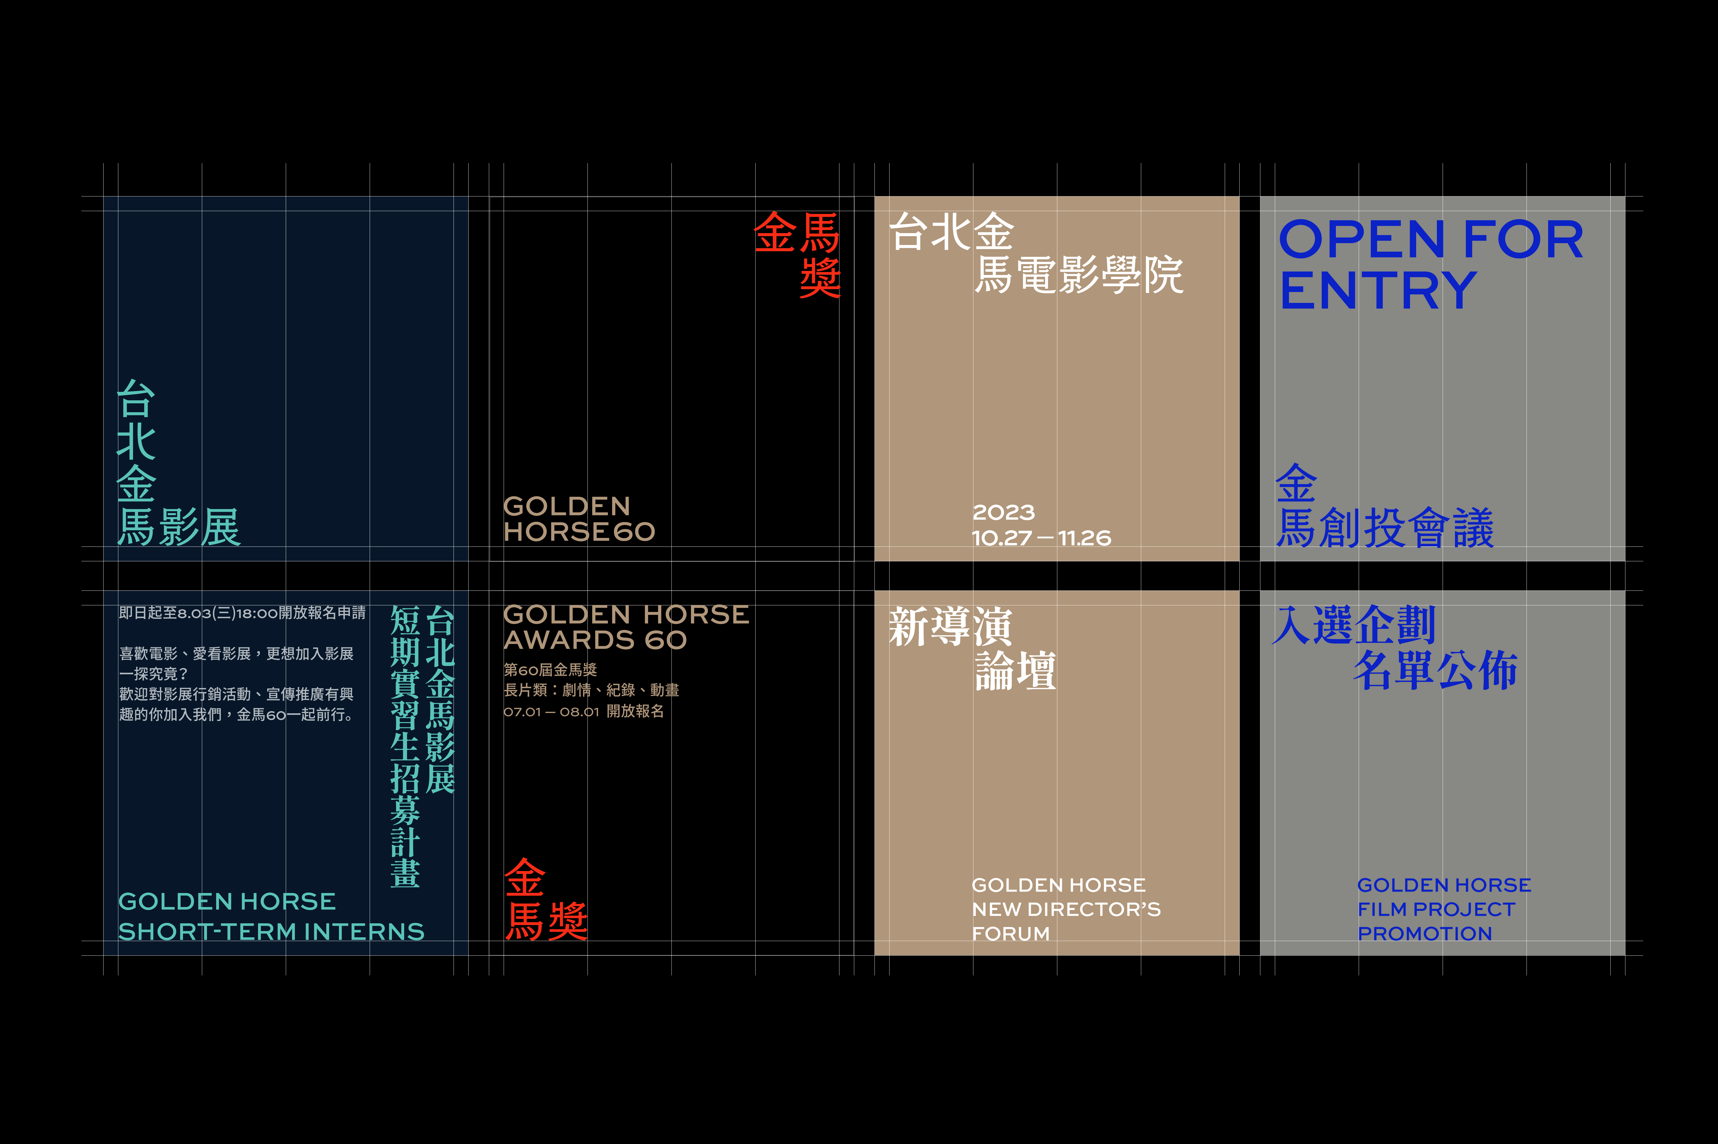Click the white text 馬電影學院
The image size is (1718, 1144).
tap(1079, 275)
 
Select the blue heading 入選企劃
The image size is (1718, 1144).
tap(1354, 625)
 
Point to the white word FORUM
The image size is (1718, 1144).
tap(1010, 934)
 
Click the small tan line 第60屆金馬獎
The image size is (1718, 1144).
tap(550, 670)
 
